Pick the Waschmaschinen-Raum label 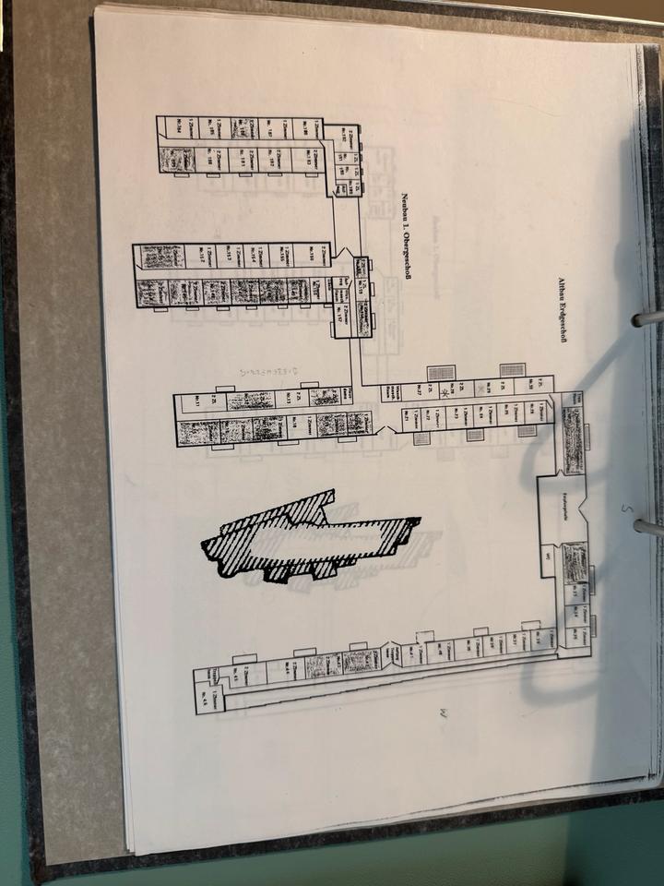click(x=391, y=394)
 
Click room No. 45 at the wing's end click(x=213, y=679)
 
